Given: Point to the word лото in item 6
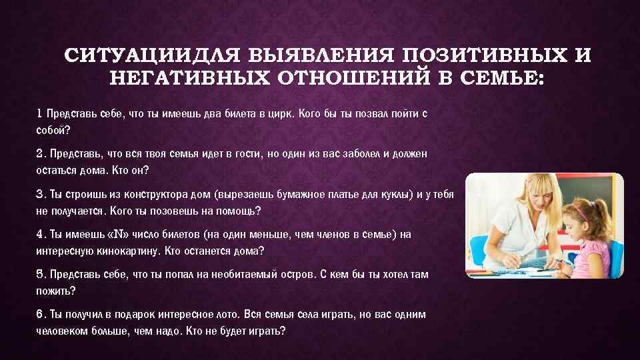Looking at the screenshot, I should (x=245, y=314).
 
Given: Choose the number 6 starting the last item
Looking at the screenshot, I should (x=39, y=314).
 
